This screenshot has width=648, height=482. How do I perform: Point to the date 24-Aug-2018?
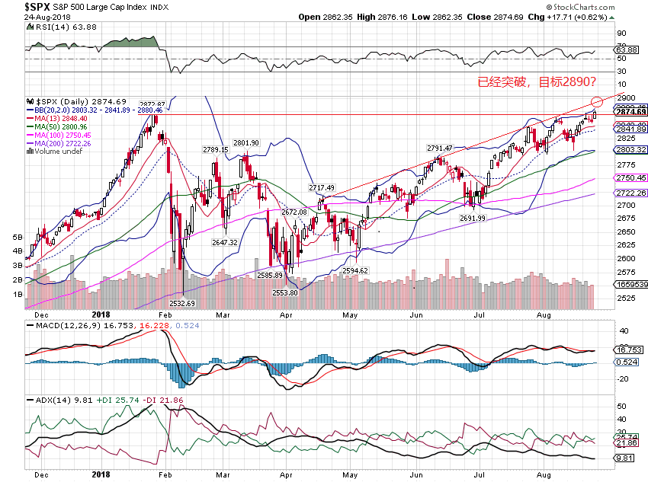(x=46, y=17)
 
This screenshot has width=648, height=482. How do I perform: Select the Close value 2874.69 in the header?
(x=492, y=17)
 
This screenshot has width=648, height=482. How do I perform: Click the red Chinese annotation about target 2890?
(x=536, y=82)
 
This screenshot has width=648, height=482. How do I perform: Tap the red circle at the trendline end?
(x=597, y=101)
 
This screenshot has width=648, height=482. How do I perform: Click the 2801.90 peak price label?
(x=246, y=142)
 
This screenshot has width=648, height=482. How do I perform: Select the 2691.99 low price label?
(x=473, y=218)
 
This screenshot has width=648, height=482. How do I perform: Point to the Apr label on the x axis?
(x=287, y=313)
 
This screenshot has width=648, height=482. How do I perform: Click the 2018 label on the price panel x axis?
(x=101, y=313)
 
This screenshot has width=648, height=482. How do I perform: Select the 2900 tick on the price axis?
(x=627, y=98)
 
